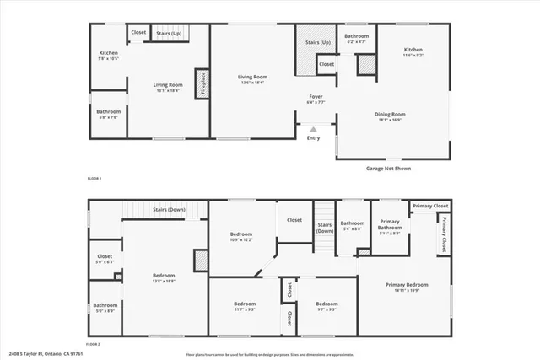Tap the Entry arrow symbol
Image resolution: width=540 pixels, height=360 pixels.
314,130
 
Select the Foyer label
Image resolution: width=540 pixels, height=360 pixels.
316,98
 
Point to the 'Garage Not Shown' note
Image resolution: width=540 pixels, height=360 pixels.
388,169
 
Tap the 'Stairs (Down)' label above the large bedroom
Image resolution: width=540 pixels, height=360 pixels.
169,209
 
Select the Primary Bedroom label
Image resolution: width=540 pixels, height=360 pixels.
402,285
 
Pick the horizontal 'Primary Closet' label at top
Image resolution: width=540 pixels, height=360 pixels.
430,206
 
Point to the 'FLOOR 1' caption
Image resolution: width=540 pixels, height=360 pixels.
94,180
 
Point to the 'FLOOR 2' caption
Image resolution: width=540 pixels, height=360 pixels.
94,345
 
